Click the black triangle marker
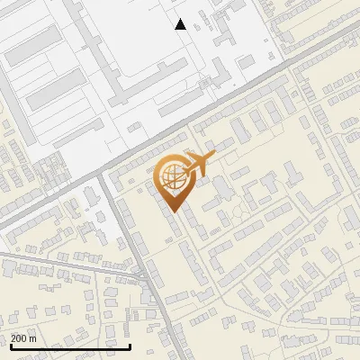coord(181,24)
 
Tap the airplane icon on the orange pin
coord(196,164)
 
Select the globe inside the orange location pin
coord(171,178)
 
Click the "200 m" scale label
coord(24,338)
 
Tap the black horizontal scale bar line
coord(70,346)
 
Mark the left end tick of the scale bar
coord(10,345)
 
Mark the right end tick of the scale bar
coord(130,345)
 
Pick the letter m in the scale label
coord(33,338)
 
